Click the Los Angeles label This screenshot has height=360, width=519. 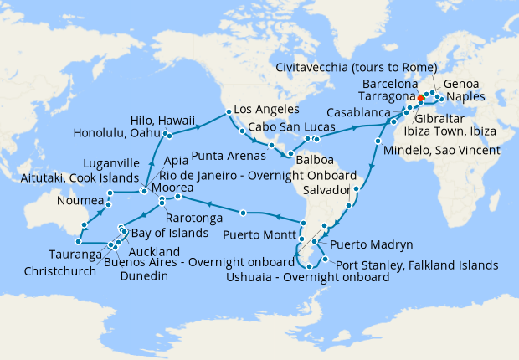[266, 110]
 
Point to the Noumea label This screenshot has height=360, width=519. [80, 202]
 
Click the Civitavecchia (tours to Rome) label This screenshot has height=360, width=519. [356, 67]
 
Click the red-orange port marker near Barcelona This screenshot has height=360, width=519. [420, 98]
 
